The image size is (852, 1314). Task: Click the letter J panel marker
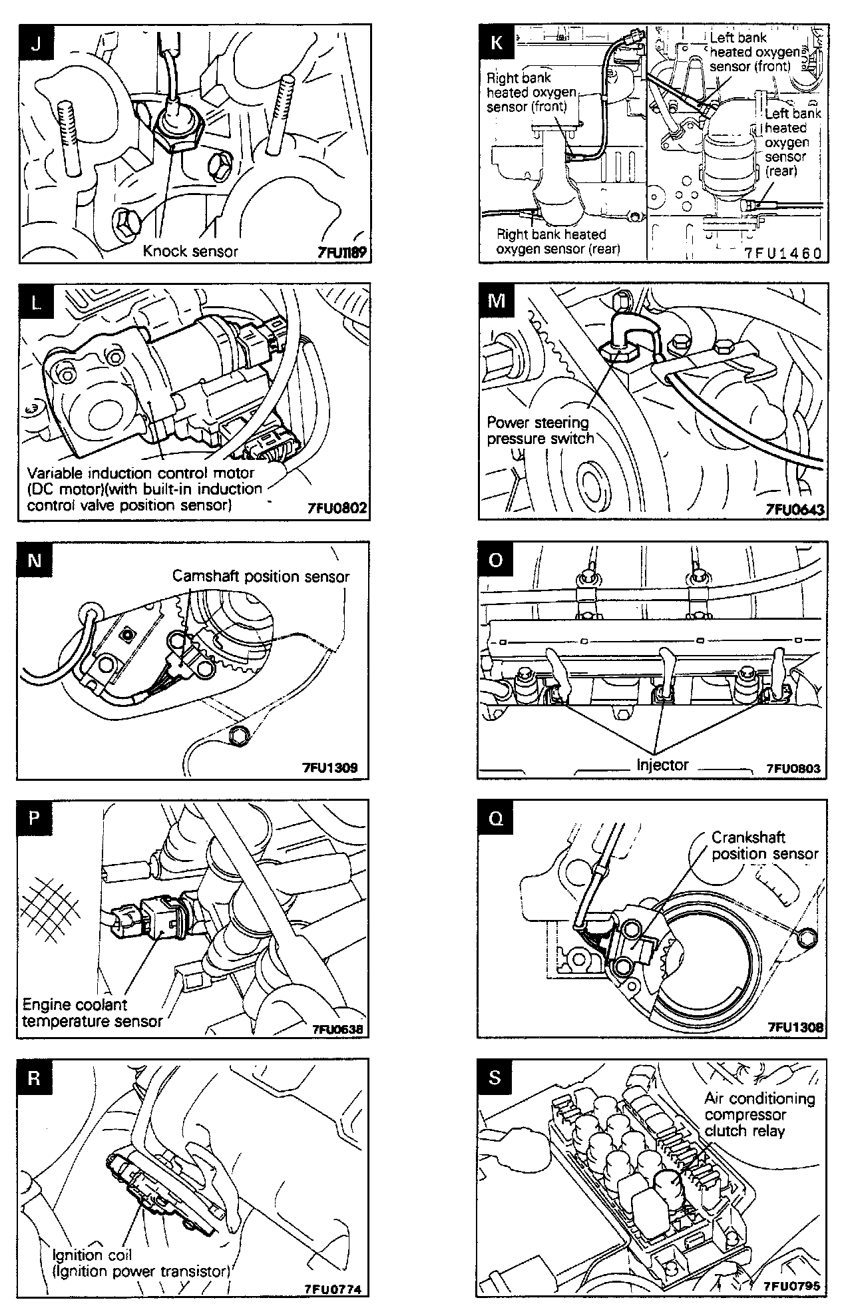click(x=36, y=44)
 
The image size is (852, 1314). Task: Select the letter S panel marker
click(x=495, y=1078)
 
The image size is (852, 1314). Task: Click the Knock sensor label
click(x=190, y=251)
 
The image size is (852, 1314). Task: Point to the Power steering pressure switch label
click(x=540, y=431)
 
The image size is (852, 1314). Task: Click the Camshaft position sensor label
click(x=261, y=576)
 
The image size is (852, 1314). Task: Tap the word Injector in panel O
click(x=662, y=765)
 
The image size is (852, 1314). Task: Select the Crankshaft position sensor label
click(x=765, y=845)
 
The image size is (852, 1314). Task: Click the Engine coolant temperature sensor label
click(x=92, y=1013)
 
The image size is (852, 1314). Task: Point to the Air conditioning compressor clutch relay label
click(x=759, y=1114)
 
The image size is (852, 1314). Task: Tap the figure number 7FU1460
click(x=783, y=254)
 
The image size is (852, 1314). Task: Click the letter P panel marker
click(x=35, y=819)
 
